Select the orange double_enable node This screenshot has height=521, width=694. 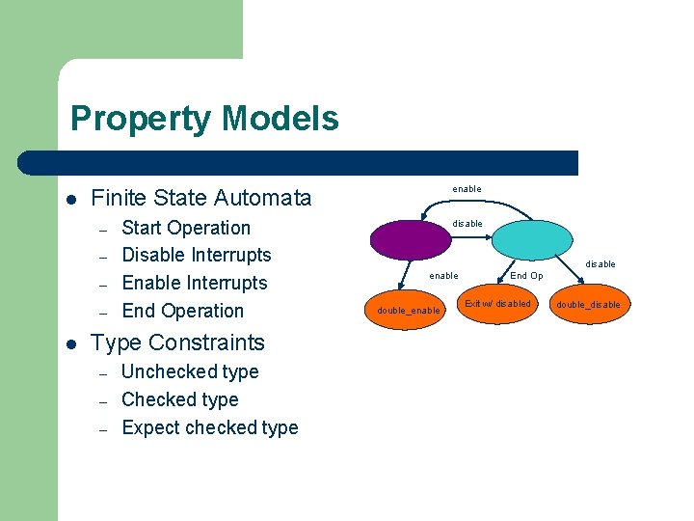point(409,310)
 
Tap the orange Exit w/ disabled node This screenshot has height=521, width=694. point(497,304)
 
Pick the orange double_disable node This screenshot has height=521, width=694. point(588,305)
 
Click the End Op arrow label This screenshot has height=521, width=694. point(526,276)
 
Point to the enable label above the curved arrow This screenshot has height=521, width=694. point(467,189)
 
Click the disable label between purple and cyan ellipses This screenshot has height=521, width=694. point(467,224)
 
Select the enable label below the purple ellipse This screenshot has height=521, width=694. point(443,276)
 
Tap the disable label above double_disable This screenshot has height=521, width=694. point(601,264)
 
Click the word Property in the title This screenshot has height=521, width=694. point(141,119)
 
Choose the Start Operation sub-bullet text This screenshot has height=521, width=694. point(186,228)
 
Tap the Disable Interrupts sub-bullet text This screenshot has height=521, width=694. point(197,255)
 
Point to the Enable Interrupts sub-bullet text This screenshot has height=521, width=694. point(195,283)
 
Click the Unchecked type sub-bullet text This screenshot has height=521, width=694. point(190,371)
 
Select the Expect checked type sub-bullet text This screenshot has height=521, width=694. point(210,427)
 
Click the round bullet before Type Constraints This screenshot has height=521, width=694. point(71,343)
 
